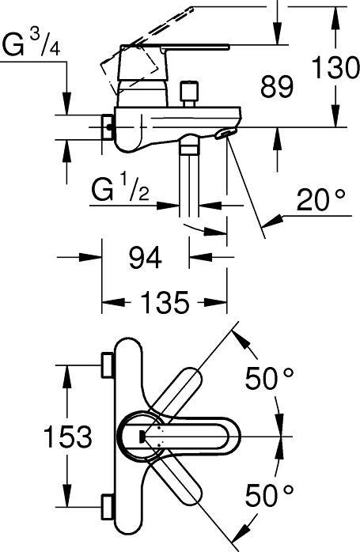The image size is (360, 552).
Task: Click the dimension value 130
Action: pyautogui.click(x=334, y=69)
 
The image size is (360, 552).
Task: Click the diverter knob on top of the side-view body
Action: pyautogui.click(x=188, y=94)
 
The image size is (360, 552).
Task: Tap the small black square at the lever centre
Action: pyautogui.click(x=142, y=435)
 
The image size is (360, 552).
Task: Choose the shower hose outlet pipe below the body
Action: pyautogui.click(x=191, y=182)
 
